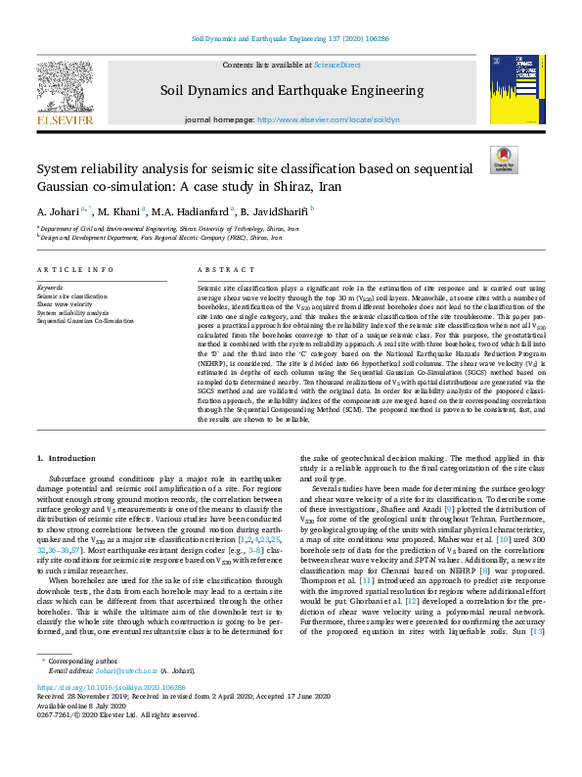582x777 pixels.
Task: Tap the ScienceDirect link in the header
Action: [x=336, y=65]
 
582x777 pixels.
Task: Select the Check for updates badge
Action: [x=503, y=160]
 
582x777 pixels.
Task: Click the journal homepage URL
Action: [x=328, y=118]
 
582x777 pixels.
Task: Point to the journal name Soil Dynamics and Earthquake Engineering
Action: [x=291, y=91]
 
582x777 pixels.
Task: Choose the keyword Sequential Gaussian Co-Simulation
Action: [x=85, y=320]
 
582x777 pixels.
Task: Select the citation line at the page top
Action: [x=291, y=38]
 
